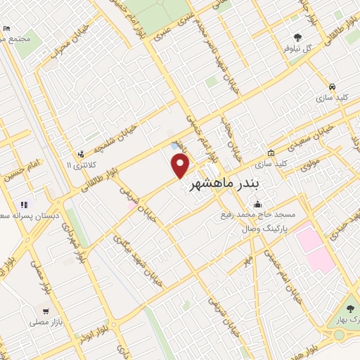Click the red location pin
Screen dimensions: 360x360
pos(181,165)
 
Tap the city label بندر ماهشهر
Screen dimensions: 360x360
pos(225,186)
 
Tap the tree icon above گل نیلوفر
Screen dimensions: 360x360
pos(299,38)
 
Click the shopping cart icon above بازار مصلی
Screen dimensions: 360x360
pos(46,310)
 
